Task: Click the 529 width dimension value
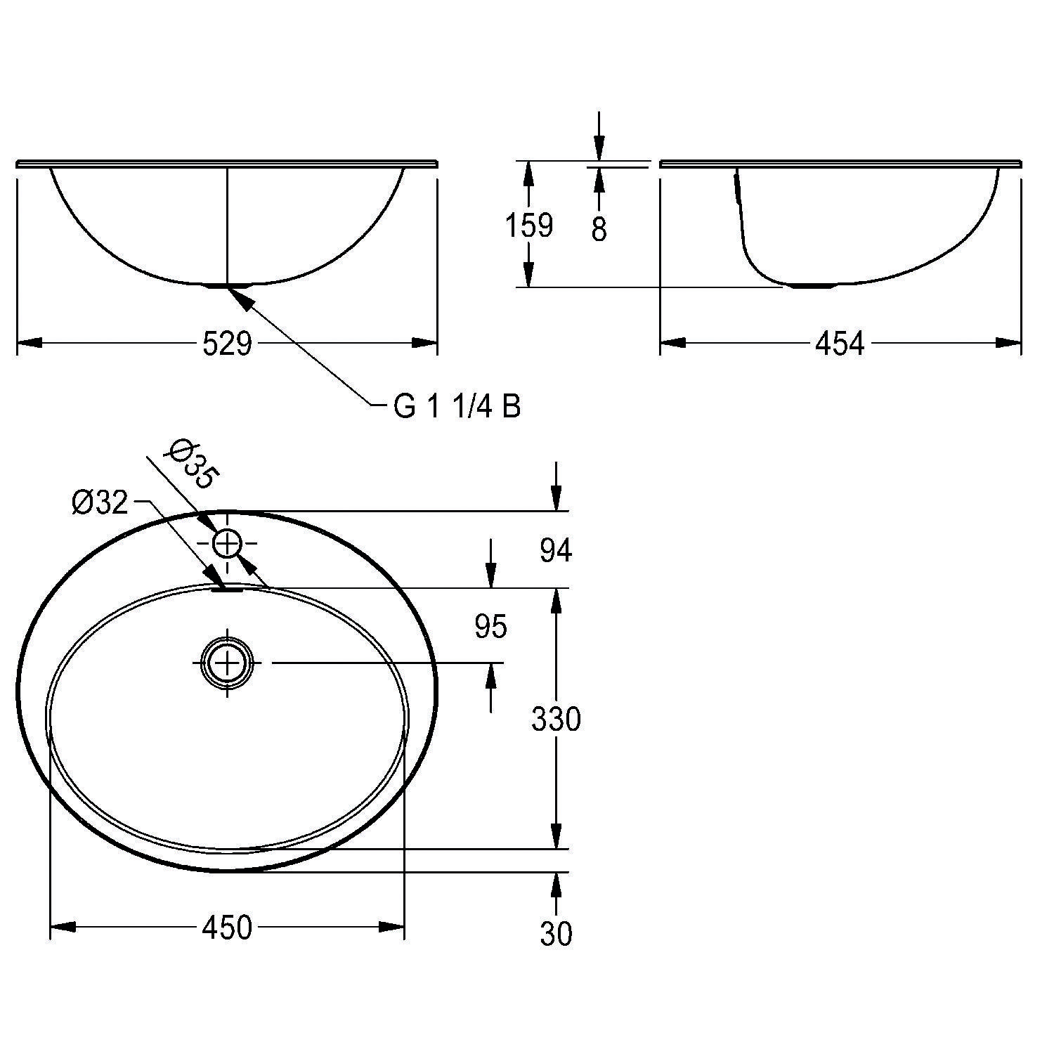226,344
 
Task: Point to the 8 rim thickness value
599,229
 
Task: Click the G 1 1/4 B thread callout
457,407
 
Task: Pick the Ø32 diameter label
100,502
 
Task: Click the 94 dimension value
556,551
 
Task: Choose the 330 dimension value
556,720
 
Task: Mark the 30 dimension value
556,934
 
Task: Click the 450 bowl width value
226,928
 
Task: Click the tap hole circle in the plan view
227,543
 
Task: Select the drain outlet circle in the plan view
227,663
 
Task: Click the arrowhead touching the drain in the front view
239,298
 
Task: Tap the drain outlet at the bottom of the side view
812,286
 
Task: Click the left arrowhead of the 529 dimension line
28,343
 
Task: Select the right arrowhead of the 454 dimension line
1009,343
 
